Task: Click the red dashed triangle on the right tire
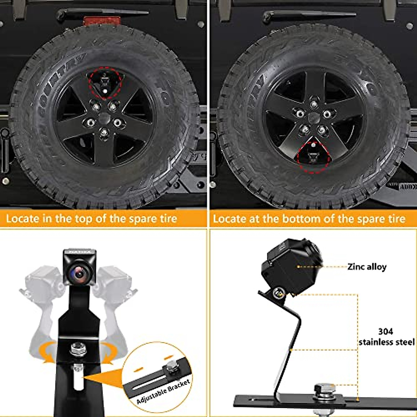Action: coord(314,156)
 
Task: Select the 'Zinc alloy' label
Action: coord(367,267)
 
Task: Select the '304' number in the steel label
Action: coord(386,331)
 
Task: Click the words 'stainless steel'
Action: coord(386,342)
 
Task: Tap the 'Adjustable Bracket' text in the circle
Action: coord(163,391)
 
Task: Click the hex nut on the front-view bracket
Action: coord(78,348)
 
